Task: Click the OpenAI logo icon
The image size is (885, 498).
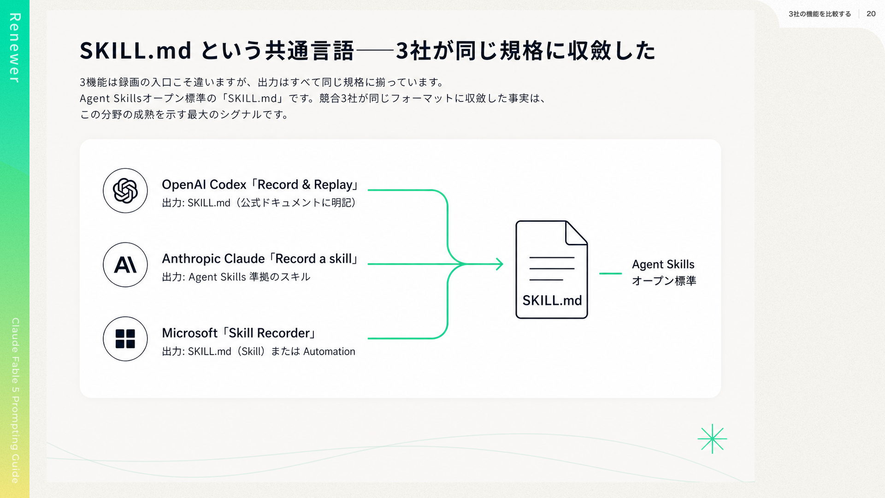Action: point(125,190)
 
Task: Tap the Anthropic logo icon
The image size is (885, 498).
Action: point(125,265)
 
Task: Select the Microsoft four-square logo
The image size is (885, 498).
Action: point(125,339)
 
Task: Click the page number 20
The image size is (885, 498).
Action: point(871,14)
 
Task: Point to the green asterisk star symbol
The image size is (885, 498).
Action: point(712,439)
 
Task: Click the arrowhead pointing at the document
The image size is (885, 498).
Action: point(499,264)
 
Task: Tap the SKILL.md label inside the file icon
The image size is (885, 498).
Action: point(552,301)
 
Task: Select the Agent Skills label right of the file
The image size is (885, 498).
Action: point(663,264)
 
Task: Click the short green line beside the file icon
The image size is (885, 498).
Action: point(610,273)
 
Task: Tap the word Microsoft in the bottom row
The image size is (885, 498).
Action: point(189,333)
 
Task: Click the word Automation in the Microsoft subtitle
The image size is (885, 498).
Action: point(329,351)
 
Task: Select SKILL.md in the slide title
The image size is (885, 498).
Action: point(136,50)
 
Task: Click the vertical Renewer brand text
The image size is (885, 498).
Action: point(15,48)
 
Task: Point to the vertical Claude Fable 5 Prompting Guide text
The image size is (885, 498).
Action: point(15,400)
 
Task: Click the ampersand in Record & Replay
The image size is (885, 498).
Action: point(306,184)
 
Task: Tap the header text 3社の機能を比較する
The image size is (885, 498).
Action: point(820,14)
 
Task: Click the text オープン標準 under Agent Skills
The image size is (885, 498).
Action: point(664,281)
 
